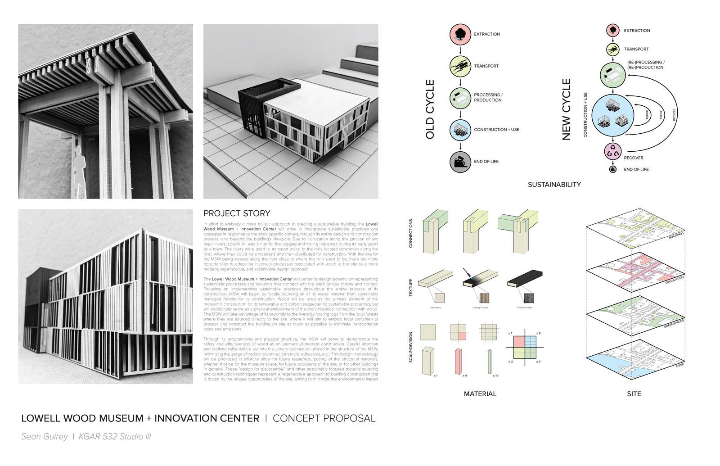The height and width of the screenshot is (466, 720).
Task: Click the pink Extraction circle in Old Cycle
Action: pyautogui.click(x=460, y=34)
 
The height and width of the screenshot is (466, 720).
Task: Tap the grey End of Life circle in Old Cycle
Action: pyautogui.click(x=460, y=162)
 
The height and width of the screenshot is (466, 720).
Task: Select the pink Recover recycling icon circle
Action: pyautogui.click(x=612, y=152)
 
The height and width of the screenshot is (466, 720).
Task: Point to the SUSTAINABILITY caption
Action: pyautogui.click(x=554, y=185)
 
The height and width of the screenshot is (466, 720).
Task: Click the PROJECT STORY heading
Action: pyautogui.click(x=237, y=213)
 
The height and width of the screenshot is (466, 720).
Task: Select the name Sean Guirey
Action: pyautogui.click(x=45, y=437)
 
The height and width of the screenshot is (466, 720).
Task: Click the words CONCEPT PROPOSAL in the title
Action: pyautogui.click(x=324, y=418)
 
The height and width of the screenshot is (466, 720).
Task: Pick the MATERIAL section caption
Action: pyautogui.click(x=480, y=394)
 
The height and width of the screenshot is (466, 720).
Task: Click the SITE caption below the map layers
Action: pyautogui.click(x=634, y=394)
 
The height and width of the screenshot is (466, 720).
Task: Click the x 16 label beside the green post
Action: pyautogui.click(x=495, y=376)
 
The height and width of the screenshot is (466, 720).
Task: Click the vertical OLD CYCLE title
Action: pyautogui.click(x=430, y=109)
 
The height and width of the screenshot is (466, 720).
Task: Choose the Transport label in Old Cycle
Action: pyautogui.click(x=486, y=66)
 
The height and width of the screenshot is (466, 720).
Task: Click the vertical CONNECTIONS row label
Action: pyautogui.click(x=411, y=233)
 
